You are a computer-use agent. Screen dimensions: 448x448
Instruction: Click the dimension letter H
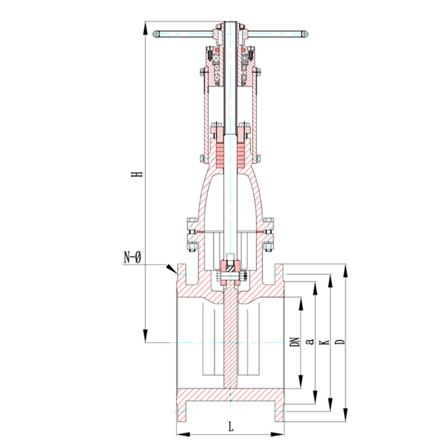pyautogui.click(x=137, y=174)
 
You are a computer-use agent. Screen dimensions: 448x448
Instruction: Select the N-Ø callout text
pyautogui.click(x=132, y=257)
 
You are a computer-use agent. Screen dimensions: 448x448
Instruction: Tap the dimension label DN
pyautogui.click(x=295, y=342)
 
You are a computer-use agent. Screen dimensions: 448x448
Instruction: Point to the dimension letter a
pyautogui.click(x=310, y=341)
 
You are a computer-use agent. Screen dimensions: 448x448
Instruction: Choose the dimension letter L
pyautogui.click(x=231, y=427)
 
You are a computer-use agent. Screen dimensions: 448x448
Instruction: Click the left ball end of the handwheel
pyautogui.click(x=156, y=34)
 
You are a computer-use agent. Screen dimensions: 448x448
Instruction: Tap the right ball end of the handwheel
pyautogui.click(x=305, y=34)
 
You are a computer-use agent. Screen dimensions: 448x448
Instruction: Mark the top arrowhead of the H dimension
pyautogui.click(x=145, y=29)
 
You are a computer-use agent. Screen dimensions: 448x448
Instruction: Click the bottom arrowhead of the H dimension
pyautogui.click(x=145, y=335)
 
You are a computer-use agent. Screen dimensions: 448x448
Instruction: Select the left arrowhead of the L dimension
pyautogui.click(x=183, y=435)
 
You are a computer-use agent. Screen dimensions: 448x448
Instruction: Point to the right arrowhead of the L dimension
pyautogui.click(x=277, y=435)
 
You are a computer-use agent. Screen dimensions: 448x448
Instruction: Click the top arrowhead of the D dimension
pyautogui.click(x=346, y=271)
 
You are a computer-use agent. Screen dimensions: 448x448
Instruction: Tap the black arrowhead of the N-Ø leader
pyautogui.click(x=171, y=269)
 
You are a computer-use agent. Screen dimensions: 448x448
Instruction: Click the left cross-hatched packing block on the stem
pyautogui.click(x=220, y=155)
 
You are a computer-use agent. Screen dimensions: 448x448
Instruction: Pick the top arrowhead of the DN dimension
pyautogui.click(x=301, y=304)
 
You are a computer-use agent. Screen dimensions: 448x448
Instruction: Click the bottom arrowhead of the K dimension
pyautogui.click(x=330, y=405)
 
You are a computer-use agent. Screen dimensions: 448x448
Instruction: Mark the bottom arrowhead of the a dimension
pyautogui.click(x=315, y=397)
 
